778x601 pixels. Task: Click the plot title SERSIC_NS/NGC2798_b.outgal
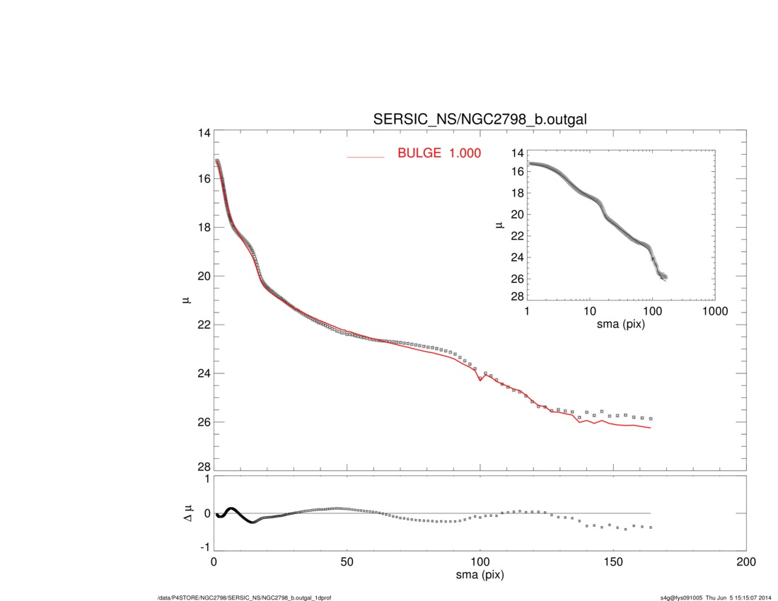click(480, 121)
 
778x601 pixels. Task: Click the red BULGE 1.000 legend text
click(439, 153)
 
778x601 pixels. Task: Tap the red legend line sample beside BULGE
click(365, 156)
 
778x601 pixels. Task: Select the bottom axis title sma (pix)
click(480, 575)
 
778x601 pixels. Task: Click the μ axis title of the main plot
click(185, 300)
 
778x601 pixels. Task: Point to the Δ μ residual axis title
click(185, 513)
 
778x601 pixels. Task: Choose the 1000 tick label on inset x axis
click(714, 311)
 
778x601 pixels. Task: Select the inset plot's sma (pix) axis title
click(621, 325)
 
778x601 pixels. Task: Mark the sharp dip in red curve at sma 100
click(480, 380)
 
